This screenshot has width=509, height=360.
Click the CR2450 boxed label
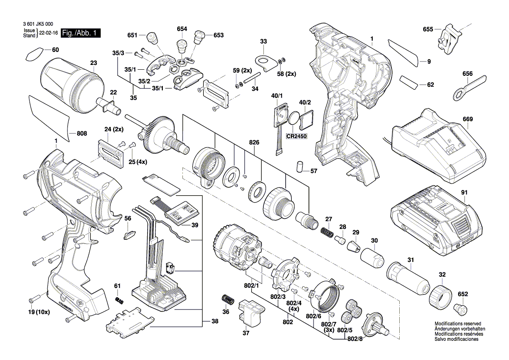[x=297, y=136]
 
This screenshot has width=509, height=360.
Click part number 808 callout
[x=82, y=133]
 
